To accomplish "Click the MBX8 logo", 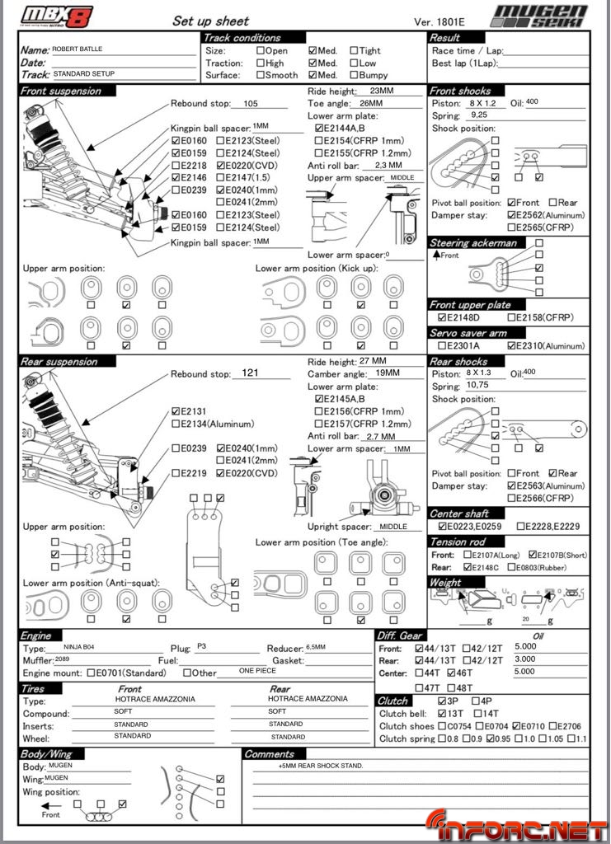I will click(55, 16).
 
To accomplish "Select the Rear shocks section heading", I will click(459, 362).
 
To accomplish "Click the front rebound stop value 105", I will click(251, 104).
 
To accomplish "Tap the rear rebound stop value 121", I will click(251, 373).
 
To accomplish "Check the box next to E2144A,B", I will click(319, 129).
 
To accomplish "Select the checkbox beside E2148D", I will click(443, 318).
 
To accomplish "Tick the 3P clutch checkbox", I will click(442, 701).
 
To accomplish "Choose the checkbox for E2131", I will click(176, 411).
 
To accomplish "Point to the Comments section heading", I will click(270, 754).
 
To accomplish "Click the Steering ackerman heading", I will click(473, 243).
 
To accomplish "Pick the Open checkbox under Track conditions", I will click(261, 50).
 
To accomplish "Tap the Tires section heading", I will click(35, 688).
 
